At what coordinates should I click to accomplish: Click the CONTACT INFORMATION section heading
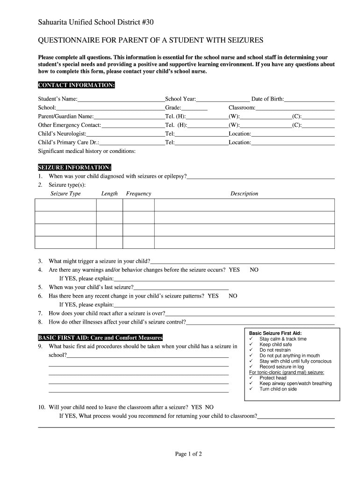76,85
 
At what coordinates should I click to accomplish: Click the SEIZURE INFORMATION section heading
74,167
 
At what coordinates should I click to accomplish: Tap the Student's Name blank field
121,100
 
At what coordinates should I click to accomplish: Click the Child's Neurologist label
62,133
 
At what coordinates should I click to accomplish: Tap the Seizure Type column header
65,194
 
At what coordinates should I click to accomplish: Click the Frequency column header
138,194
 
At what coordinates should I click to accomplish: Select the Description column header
244,194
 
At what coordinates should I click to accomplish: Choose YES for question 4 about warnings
234,270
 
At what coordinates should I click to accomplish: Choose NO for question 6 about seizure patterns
233,296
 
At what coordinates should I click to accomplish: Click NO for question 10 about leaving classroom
209,407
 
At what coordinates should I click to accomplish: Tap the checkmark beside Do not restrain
252,350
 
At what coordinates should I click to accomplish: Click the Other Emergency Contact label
69,125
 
